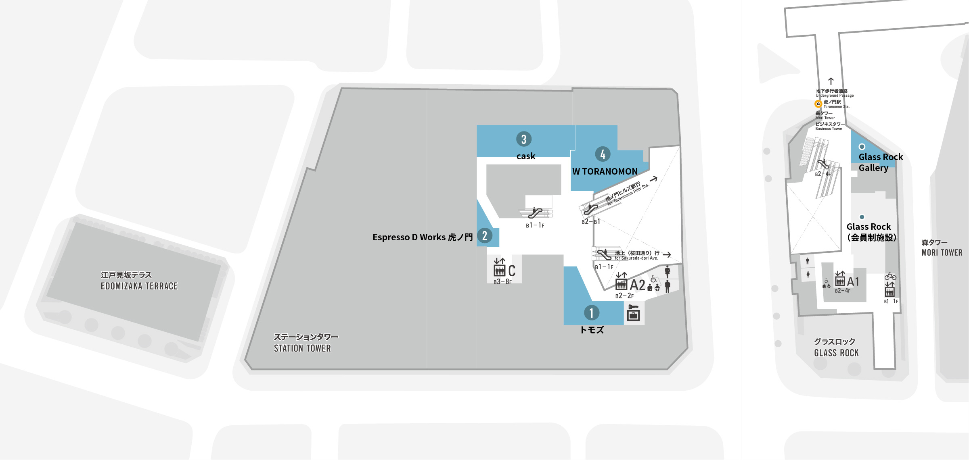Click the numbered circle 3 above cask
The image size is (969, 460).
click(524, 139)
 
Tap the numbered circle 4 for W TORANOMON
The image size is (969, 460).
click(603, 154)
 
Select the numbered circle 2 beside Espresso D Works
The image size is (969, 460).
click(485, 235)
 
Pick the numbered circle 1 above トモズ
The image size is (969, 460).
click(592, 312)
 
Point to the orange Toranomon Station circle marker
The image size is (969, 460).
click(818, 104)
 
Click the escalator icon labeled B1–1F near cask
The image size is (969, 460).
click(535, 212)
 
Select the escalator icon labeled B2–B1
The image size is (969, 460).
click(590, 209)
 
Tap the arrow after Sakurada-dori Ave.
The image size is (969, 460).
click(667, 255)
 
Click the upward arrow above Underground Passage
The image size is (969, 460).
click(831, 81)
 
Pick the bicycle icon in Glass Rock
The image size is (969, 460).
click(890, 277)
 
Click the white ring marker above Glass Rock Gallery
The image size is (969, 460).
click(862, 147)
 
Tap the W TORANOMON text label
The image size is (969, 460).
click(605, 171)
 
